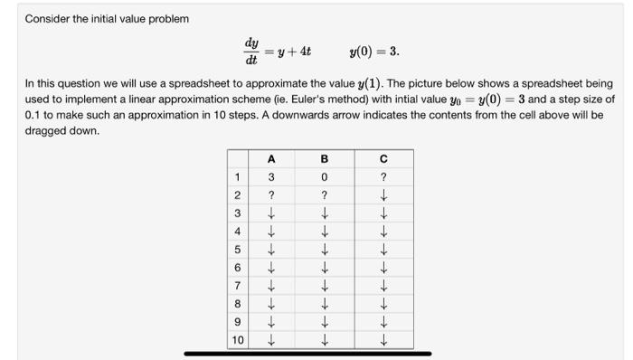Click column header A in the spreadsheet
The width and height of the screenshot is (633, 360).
click(x=270, y=158)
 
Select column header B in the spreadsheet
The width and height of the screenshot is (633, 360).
click(x=323, y=158)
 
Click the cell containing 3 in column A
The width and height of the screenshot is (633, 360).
click(x=270, y=176)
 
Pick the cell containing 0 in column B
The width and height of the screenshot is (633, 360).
click(x=323, y=176)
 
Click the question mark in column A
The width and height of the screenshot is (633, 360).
click(x=270, y=194)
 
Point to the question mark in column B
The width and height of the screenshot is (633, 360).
click(x=323, y=194)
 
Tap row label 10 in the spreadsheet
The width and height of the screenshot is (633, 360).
click(x=237, y=341)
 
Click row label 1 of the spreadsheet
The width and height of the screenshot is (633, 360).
click(x=237, y=176)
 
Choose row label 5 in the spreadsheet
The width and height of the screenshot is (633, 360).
click(x=237, y=250)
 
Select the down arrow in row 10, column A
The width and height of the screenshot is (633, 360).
click(x=270, y=341)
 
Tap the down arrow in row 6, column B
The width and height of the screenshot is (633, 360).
click(x=323, y=268)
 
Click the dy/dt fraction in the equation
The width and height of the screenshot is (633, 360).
click(x=250, y=49)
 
